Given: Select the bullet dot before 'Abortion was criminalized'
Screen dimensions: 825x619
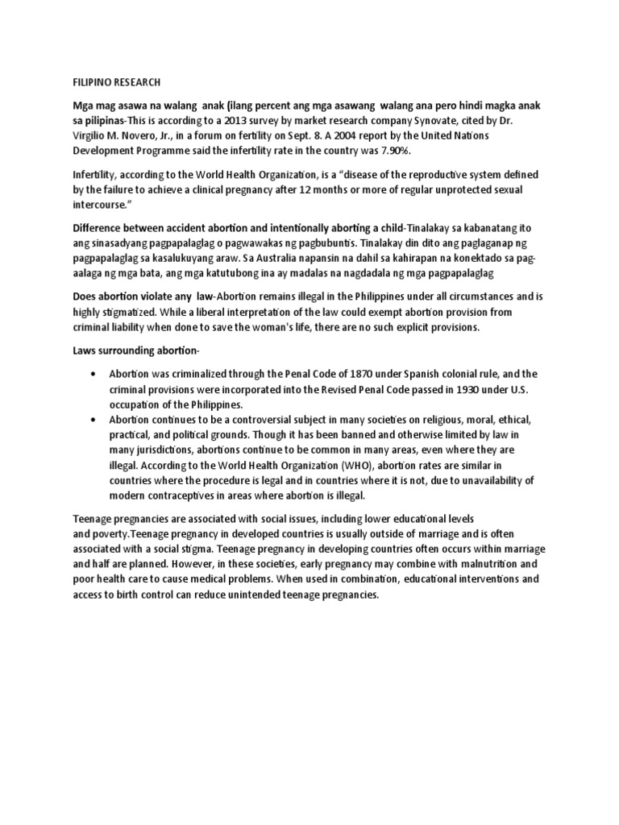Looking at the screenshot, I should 96,375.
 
